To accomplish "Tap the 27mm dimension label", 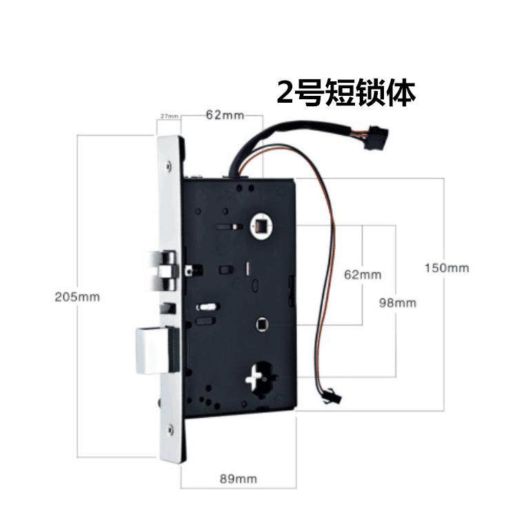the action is (x=169, y=116).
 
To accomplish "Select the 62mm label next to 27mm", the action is (x=221, y=114).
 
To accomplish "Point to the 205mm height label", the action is (x=78, y=297).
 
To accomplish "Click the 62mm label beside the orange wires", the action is (x=363, y=274).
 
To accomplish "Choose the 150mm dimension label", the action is (x=447, y=267).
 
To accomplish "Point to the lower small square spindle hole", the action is (x=261, y=324).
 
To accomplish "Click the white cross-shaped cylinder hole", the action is (x=256, y=378).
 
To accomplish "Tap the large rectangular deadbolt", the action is (x=156, y=349).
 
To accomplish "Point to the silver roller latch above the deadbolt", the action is (x=164, y=269).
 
